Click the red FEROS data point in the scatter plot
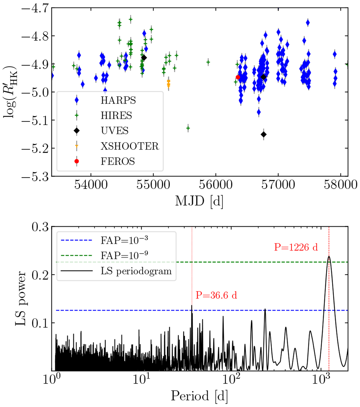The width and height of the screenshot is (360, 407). (x=238, y=77)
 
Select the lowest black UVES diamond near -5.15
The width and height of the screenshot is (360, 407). (x=263, y=134)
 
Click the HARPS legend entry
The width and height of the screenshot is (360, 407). (x=118, y=100)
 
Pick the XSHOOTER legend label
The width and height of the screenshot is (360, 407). (x=130, y=146)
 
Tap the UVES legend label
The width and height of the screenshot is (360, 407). (x=115, y=131)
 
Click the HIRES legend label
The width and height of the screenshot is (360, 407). (x=116, y=116)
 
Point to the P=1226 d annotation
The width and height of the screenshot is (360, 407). (x=296, y=247)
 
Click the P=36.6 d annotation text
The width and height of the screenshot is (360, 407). (x=216, y=295)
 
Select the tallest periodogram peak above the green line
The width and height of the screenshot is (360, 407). (x=329, y=257)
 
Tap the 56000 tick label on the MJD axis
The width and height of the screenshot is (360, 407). (x=215, y=185)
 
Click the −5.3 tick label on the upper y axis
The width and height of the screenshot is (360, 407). (x=35, y=177)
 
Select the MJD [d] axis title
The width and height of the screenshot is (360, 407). (x=199, y=201)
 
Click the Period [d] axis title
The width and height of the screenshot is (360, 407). (x=199, y=396)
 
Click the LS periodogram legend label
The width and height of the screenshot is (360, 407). (x=136, y=271)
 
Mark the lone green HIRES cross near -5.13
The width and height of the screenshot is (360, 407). (x=188, y=128)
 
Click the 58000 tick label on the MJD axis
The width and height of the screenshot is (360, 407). (x=340, y=185)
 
